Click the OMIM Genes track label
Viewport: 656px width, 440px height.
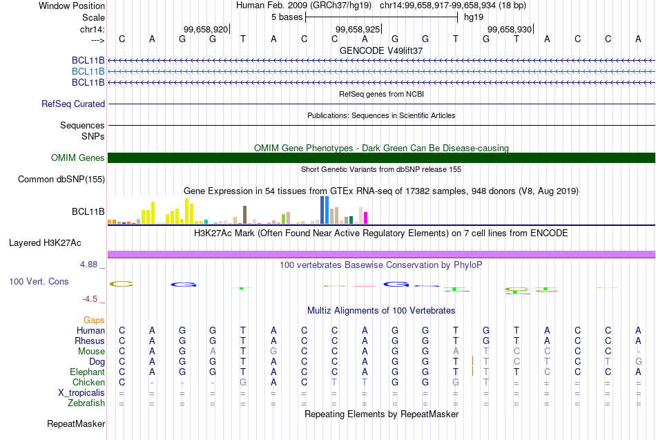pyautogui.click(x=78, y=158)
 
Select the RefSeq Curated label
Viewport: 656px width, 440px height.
pyautogui.click(x=73, y=104)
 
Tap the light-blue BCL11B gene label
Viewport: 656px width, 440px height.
pyautogui.click(x=88, y=71)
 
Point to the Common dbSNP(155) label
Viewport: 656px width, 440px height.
pyautogui.click(x=61, y=180)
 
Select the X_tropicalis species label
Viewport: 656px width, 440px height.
pyautogui.click(x=81, y=393)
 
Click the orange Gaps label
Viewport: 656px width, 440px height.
pyautogui.click(x=94, y=321)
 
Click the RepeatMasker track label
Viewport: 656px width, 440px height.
pyautogui.click(x=76, y=423)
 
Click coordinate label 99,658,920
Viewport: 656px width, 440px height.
pyautogui.click(x=206, y=30)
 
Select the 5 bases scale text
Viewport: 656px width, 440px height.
pyautogui.click(x=287, y=17)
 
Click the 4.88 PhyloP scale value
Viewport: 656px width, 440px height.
pyautogui.click(x=90, y=265)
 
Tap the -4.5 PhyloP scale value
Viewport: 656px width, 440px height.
pyautogui.click(x=90, y=299)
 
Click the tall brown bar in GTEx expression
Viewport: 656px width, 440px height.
pyautogui.click(x=244, y=215)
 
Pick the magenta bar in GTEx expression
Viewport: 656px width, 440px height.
pyautogui.click(x=366, y=218)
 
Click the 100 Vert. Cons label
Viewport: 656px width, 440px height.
pyautogui.click(x=39, y=282)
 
